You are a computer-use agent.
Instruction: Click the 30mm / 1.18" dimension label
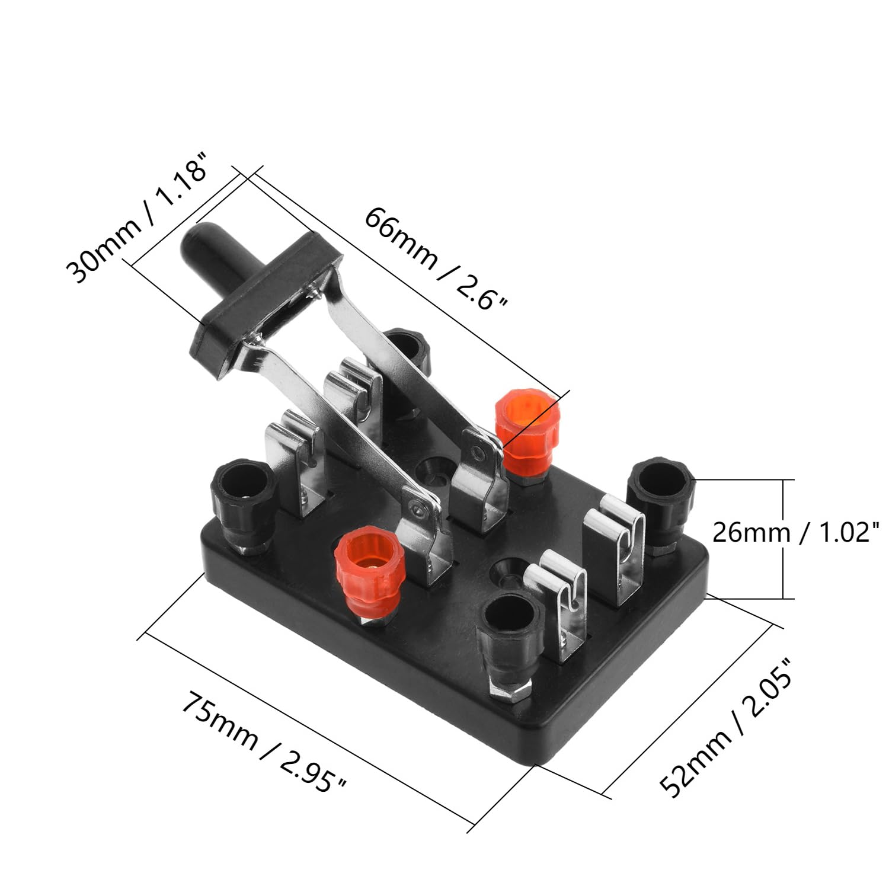(x=137, y=219)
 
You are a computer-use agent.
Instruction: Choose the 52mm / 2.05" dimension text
(x=725, y=727)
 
